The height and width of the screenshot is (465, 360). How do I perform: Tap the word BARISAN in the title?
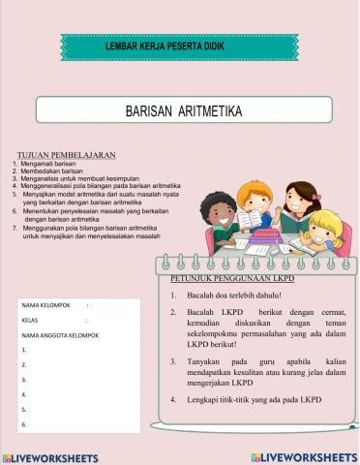pos(150,112)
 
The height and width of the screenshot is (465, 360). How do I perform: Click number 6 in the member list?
pos(23,424)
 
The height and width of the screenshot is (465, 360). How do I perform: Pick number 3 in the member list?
pos(23,379)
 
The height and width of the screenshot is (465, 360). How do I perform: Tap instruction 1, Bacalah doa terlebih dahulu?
pos(231,294)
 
